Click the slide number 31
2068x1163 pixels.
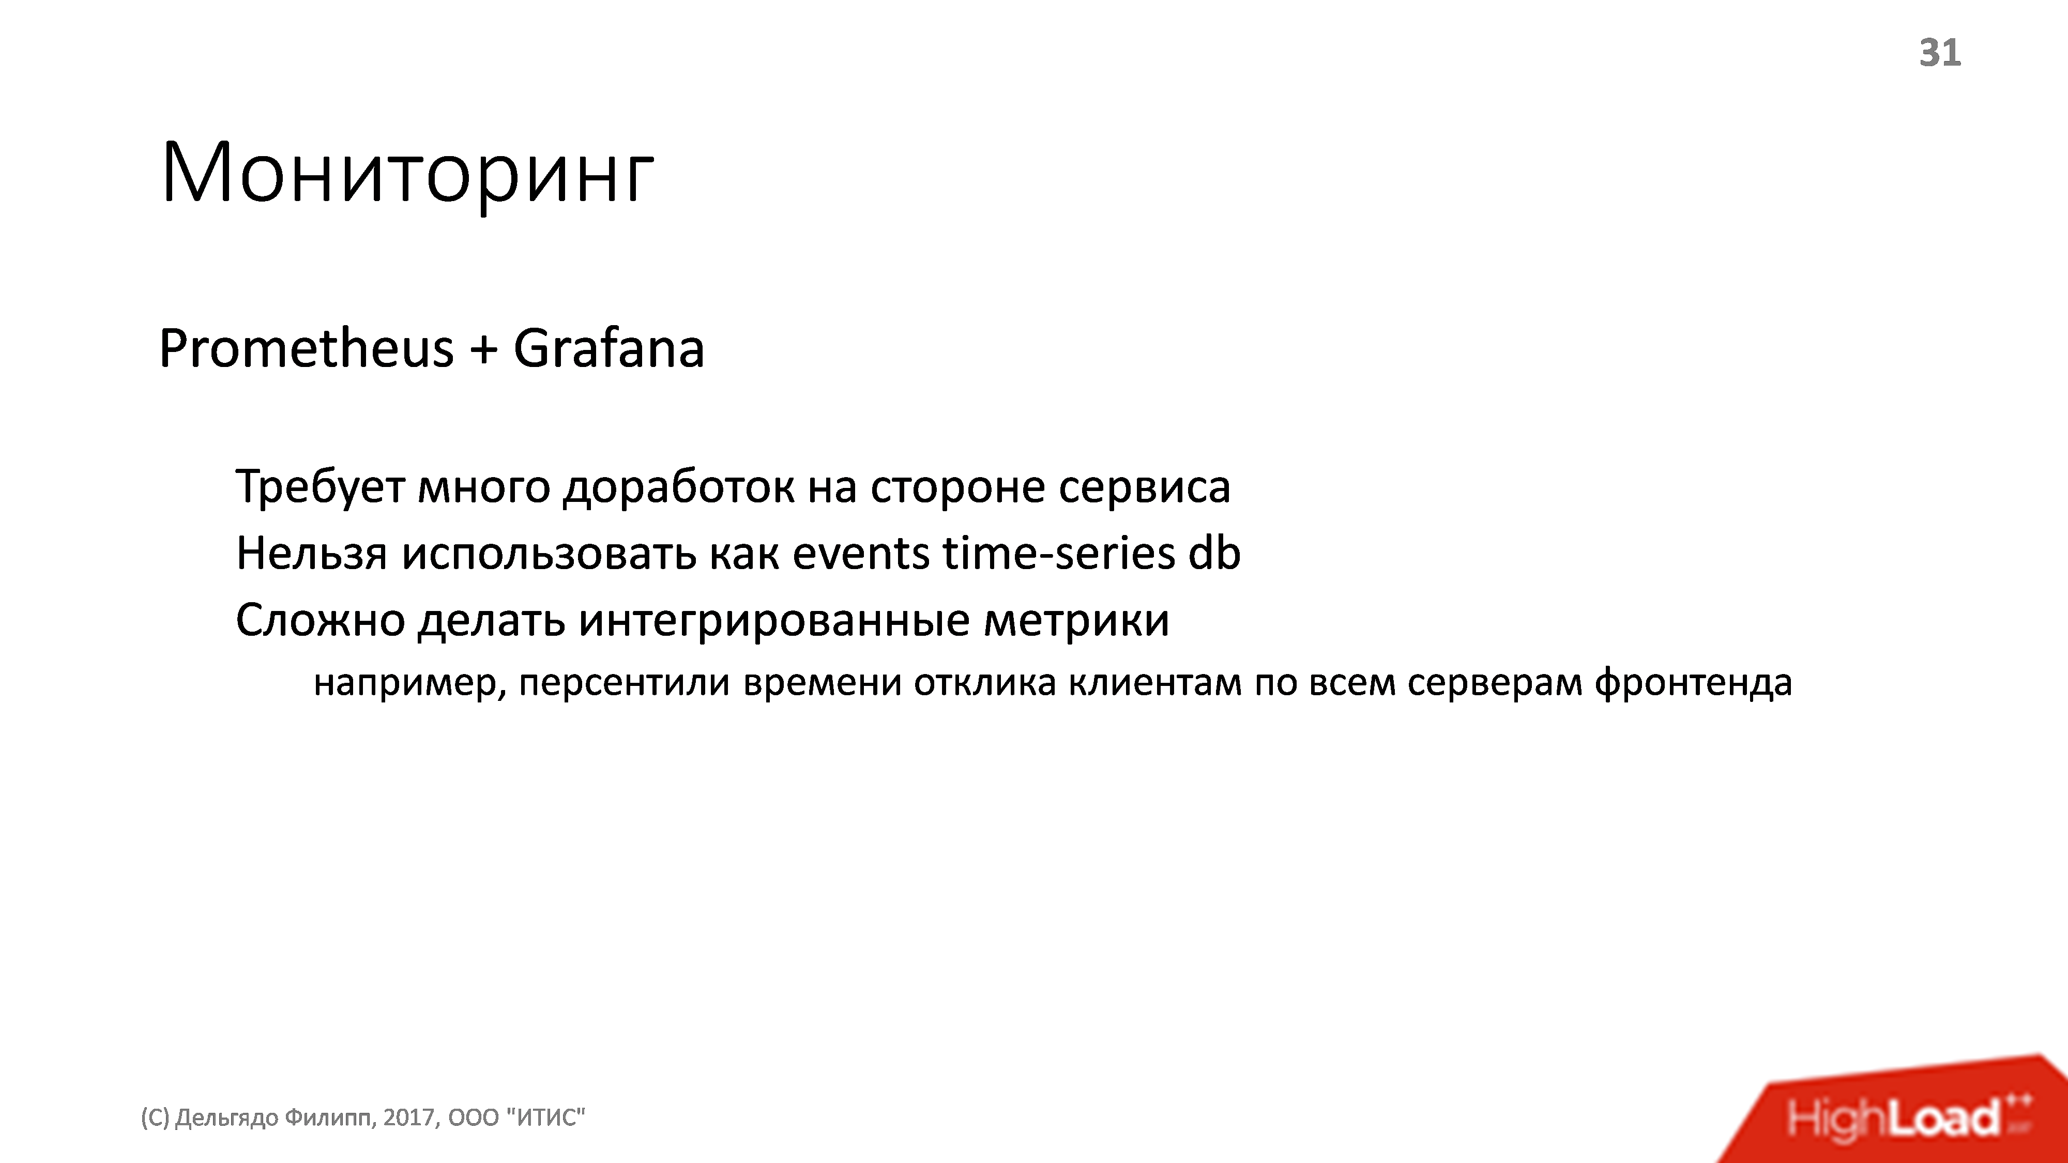click(1940, 53)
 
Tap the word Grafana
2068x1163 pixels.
click(609, 349)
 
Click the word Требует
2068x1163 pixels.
click(320, 487)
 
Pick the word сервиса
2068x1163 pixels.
click(1144, 487)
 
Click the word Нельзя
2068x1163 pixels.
click(311, 554)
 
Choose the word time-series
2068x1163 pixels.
click(1059, 554)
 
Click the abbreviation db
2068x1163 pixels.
click(1214, 554)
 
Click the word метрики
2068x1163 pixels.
click(1076, 620)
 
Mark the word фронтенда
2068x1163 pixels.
click(1693, 683)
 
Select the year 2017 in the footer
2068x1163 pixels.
click(409, 1117)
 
